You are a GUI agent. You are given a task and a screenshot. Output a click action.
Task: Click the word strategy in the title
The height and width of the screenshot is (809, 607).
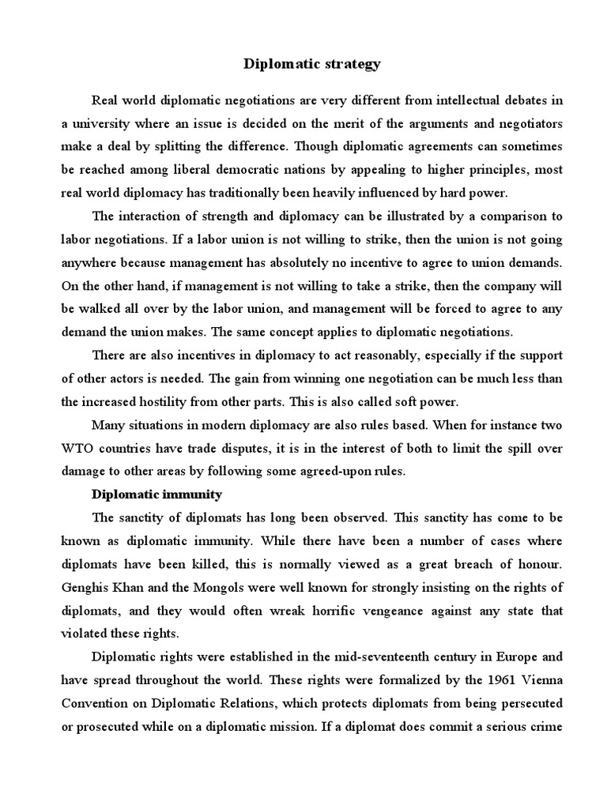tap(352, 65)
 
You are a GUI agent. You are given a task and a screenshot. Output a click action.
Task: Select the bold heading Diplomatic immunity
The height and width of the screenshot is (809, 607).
tap(157, 495)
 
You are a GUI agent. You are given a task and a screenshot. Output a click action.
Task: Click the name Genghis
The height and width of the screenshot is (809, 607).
tap(86, 589)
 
